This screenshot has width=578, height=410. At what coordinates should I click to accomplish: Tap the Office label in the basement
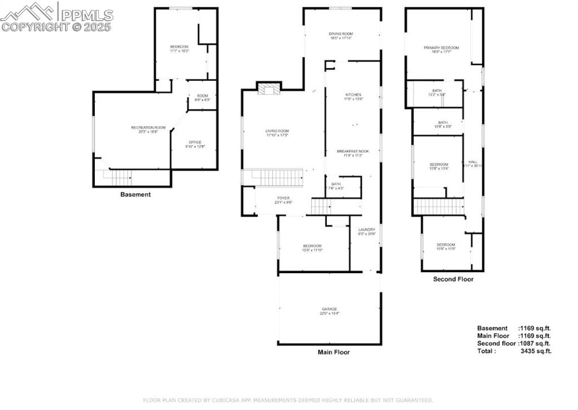coord(195,142)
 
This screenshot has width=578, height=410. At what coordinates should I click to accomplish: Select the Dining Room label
coord(341,34)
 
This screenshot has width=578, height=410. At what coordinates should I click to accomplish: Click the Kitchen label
coord(353,94)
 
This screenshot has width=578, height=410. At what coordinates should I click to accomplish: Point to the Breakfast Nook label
coord(353,151)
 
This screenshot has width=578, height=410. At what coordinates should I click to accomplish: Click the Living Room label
coord(277,131)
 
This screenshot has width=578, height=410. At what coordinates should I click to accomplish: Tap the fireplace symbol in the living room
coord(268,88)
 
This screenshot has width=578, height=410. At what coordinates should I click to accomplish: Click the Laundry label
coord(366,230)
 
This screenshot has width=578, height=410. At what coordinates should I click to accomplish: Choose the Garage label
coord(330,309)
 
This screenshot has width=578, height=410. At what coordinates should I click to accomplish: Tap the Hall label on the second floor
coord(472,162)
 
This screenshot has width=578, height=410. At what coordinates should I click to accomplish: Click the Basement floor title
coord(135,195)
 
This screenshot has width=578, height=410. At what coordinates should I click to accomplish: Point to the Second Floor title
coord(453,279)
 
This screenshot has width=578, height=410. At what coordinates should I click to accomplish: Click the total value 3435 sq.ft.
coord(537,351)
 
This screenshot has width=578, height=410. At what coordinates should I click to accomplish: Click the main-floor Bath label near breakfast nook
coord(336,184)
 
